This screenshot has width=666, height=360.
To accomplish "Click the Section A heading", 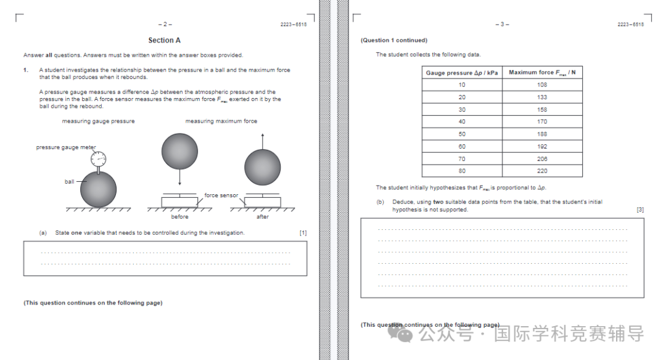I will [165, 41].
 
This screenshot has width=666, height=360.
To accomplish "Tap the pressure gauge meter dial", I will [98, 159].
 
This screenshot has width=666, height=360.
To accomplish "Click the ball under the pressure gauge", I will [98, 189].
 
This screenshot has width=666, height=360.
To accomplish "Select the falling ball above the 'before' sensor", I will [179, 151].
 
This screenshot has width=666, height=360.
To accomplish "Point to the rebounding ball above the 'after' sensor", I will [262, 167].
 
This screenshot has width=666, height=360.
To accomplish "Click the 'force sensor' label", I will [221, 195].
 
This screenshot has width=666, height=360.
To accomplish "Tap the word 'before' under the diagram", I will [179, 217].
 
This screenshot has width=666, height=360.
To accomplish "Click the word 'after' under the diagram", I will [263, 217].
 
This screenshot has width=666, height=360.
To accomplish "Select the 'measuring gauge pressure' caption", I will [98, 121].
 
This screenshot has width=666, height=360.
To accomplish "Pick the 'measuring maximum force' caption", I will [221, 121].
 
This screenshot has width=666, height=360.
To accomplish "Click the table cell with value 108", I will [542, 85].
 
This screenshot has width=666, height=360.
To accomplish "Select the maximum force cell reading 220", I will [542, 171].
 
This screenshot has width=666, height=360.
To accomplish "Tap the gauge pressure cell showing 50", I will [462, 134].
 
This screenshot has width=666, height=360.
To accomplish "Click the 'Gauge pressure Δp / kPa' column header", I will [462, 73].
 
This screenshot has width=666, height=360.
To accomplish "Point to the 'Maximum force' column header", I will [542, 73].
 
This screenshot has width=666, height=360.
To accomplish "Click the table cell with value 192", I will [542, 146].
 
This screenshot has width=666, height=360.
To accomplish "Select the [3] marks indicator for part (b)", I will [639, 210].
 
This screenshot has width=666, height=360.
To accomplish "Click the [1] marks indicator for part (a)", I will [303, 233].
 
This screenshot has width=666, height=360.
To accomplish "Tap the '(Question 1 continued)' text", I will [394, 41].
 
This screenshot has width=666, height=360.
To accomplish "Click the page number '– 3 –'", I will [502, 25].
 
